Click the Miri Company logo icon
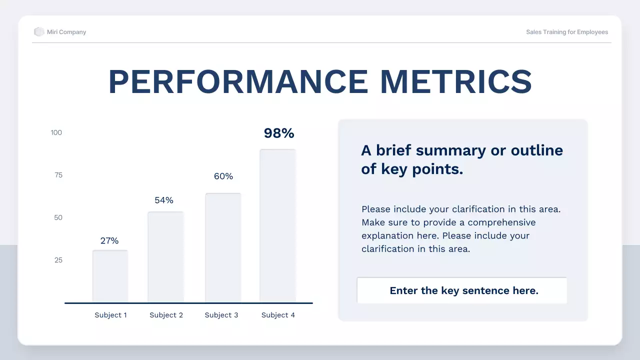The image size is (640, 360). [x=39, y=31]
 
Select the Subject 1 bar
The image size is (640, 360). [x=110, y=276]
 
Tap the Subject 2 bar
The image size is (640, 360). [x=165, y=257]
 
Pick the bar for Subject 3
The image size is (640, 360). [x=223, y=247]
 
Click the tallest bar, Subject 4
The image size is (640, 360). [x=277, y=225]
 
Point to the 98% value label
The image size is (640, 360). [x=279, y=133]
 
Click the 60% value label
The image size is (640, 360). [x=223, y=176]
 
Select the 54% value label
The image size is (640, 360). [x=164, y=200]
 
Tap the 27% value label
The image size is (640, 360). [x=109, y=241]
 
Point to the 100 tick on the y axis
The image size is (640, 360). [x=56, y=132]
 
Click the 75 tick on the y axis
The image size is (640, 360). [x=58, y=175]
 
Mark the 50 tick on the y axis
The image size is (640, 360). [x=58, y=217]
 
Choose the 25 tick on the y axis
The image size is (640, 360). [x=58, y=260]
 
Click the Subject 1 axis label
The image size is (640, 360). [x=111, y=315]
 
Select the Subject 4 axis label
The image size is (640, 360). [x=278, y=315]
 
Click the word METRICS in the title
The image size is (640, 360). [x=456, y=81]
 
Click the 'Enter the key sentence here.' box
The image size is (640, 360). [x=462, y=290]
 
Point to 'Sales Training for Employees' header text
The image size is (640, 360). [x=567, y=32]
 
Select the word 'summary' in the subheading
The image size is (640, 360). [x=451, y=151]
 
